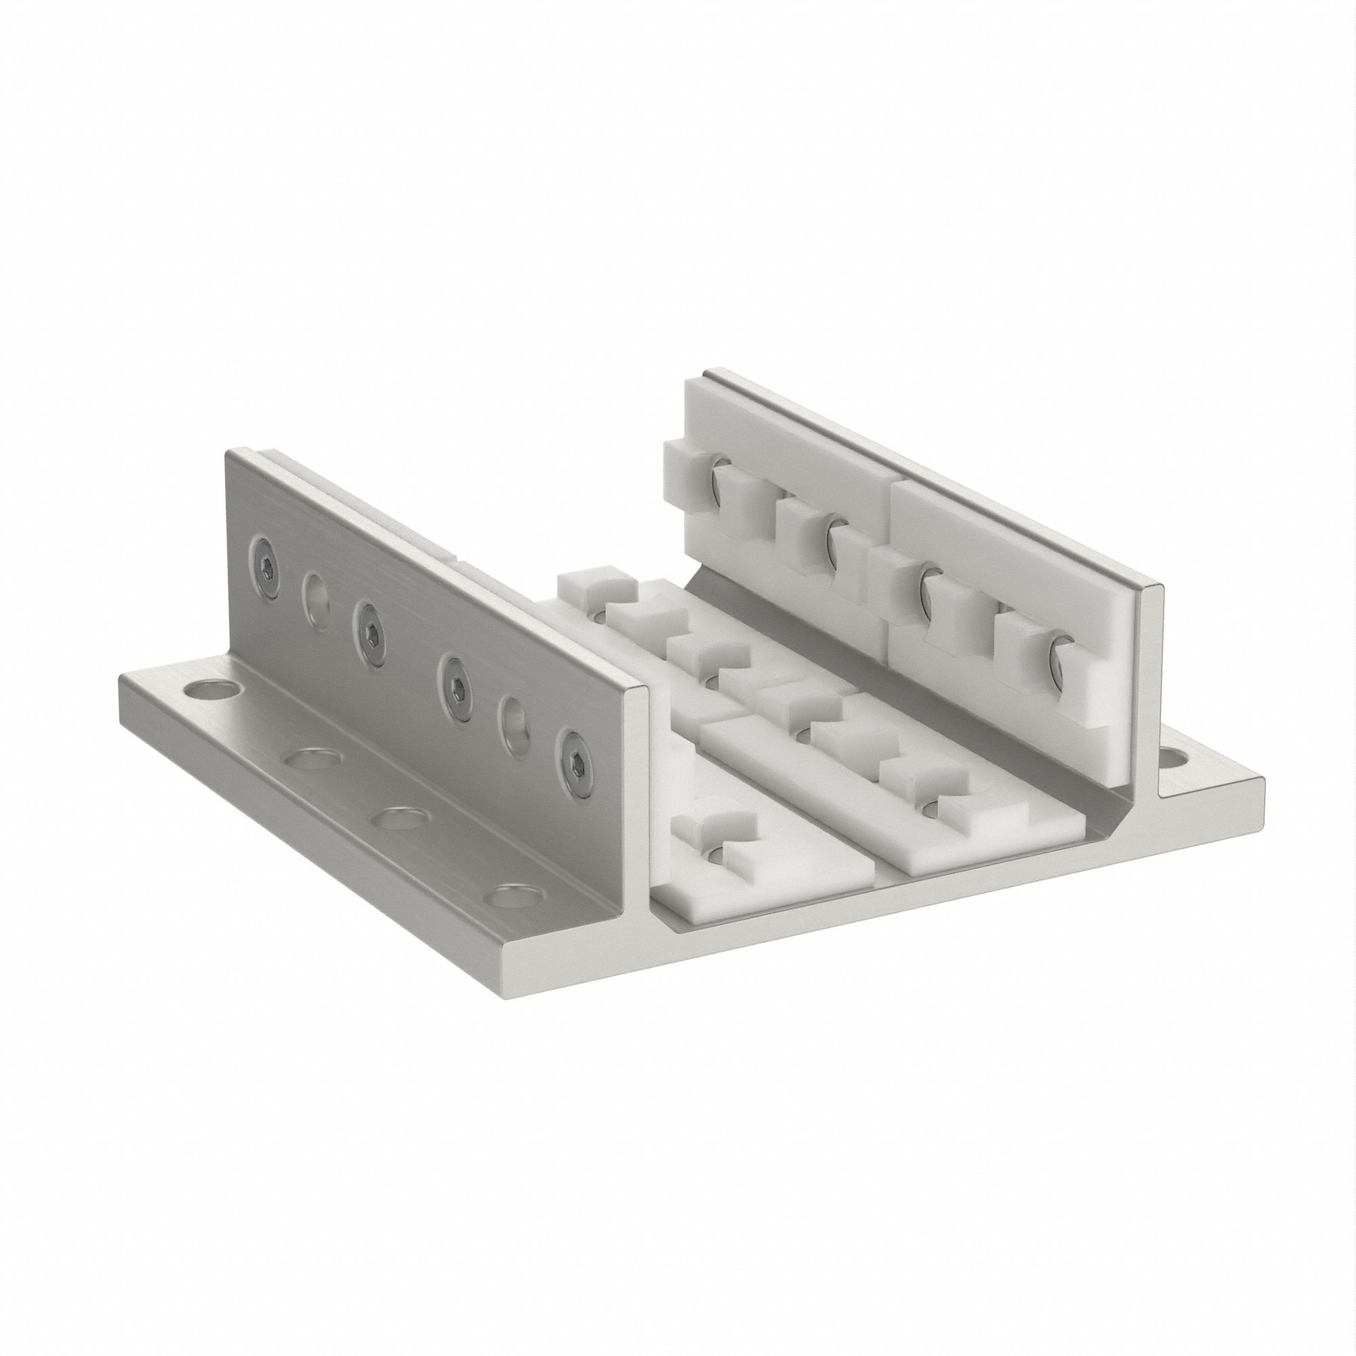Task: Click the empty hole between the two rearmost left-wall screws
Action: coord(315,584)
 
